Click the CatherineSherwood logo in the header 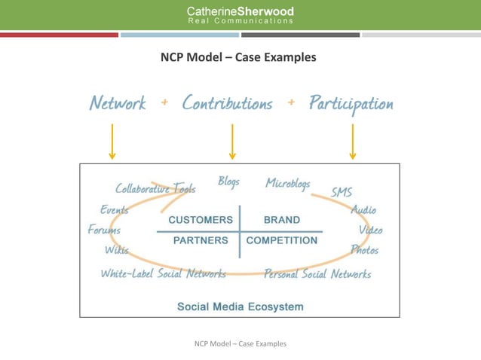click(x=240, y=15)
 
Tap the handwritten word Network click(x=117, y=103)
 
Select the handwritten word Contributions click(x=227, y=103)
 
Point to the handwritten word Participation click(x=351, y=103)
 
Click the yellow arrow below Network click(x=112, y=142)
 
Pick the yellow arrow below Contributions click(x=232, y=142)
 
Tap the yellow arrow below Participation click(x=352, y=142)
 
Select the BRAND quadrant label click(x=281, y=220)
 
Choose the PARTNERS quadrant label click(x=201, y=241)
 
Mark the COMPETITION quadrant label click(x=282, y=241)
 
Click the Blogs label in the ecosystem click(x=228, y=182)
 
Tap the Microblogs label click(x=287, y=183)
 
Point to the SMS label click(x=342, y=193)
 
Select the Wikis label click(x=116, y=249)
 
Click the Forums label click(x=104, y=230)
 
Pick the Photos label click(x=364, y=249)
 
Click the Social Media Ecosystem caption click(x=240, y=307)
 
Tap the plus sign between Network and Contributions click(x=164, y=102)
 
